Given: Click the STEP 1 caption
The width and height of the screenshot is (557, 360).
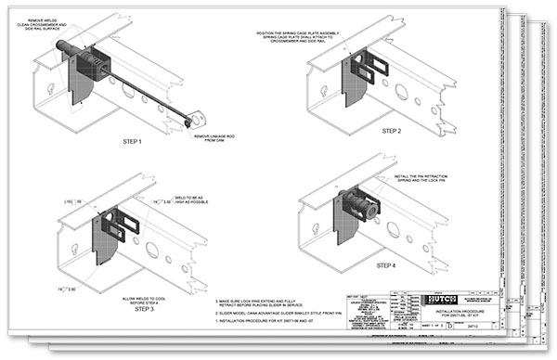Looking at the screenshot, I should pyautogui.click(x=137, y=142).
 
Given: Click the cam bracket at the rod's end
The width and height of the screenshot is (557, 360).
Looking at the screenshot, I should pyautogui.click(x=197, y=119).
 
